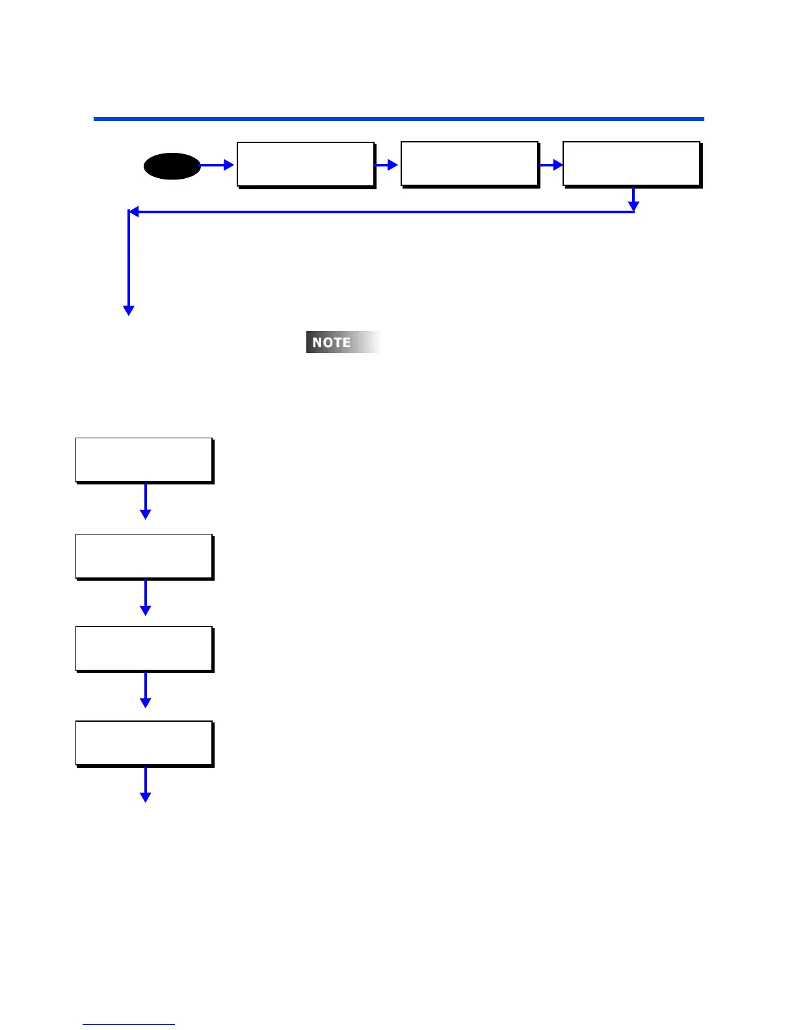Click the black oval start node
click(x=172, y=166)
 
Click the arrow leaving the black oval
click(x=217, y=166)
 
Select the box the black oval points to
click(x=306, y=165)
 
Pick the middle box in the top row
click(x=470, y=165)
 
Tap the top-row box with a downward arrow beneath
click(x=631, y=164)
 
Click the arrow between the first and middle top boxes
click(x=387, y=165)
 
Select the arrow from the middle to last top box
click(x=551, y=165)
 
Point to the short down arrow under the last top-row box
click(x=633, y=199)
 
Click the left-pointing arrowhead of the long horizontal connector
click(x=133, y=212)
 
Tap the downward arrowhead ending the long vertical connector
click(x=129, y=311)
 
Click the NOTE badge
click(x=343, y=342)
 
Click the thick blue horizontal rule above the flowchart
click(x=399, y=119)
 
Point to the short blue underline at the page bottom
click(x=129, y=1025)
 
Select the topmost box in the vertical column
click(x=144, y=460)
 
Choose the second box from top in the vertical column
click(x=144, y=556)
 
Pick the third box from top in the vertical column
click(x=144, y=648)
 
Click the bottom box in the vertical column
click(x=144, y=743)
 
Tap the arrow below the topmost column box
click(x=146, y=501)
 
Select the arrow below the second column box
click(x=146, y=598)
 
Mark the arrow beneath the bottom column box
click(x=146, y=785)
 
